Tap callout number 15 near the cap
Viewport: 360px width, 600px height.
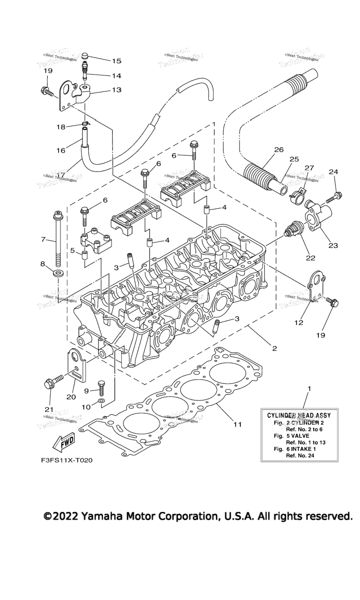(116, 61)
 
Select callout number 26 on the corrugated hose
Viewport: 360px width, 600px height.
(278, 150)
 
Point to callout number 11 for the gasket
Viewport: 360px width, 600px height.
(237, 424)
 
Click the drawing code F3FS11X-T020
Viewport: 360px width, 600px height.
(67, 460)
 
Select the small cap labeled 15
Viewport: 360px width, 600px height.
(85, 57)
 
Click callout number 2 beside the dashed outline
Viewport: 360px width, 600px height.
(274, 348)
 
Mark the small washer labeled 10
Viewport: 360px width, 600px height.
(101, 402)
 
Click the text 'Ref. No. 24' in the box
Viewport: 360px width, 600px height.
(302, 455)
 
